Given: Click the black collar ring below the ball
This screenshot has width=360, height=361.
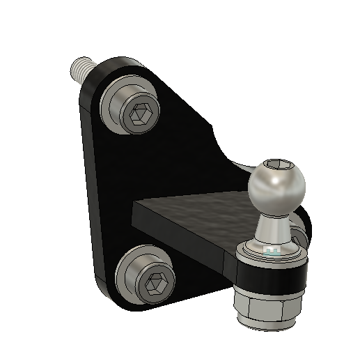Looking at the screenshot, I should (x=271, y=275).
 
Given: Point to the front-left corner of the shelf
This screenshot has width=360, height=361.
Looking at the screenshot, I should (x=134, y=204).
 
